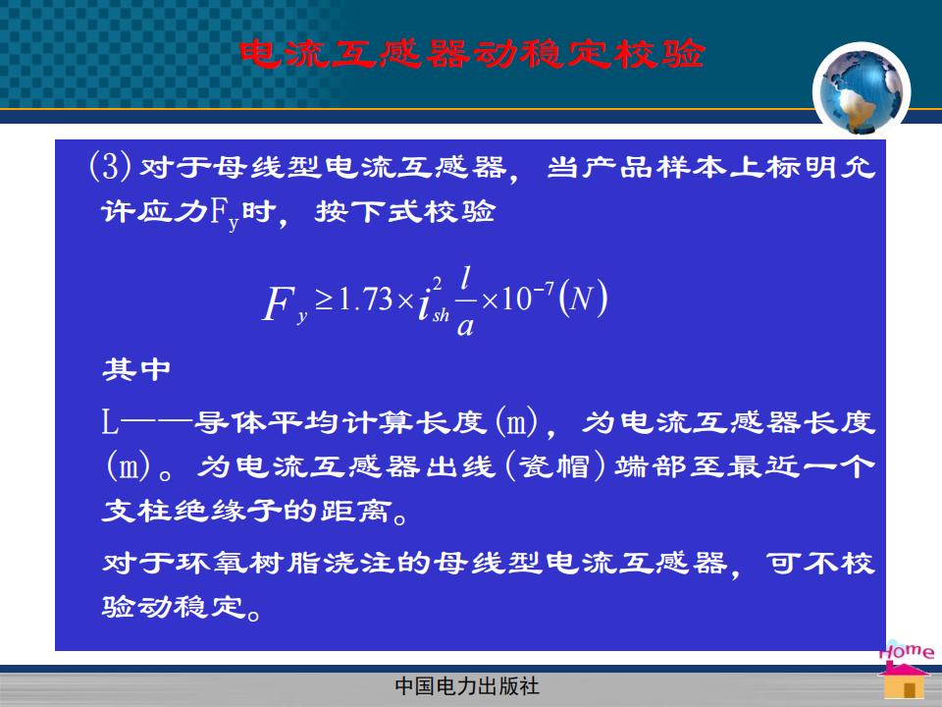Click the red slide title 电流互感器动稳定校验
pos(472,53)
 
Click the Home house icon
pos(905,672)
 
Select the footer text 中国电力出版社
pos(467,686)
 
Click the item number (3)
pos(110,166)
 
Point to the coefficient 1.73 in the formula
pos(366,299)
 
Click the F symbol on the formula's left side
pos(278,303)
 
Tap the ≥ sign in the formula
pos(324,299)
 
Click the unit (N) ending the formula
pos(583,299)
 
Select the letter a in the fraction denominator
pos(465,325)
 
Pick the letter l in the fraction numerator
pos(465,279)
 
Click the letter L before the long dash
pos(109,421)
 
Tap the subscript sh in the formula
pos(441,314)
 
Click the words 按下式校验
pos(405,212)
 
